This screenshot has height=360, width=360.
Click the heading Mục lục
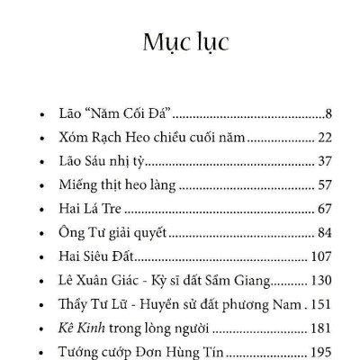[185, 41]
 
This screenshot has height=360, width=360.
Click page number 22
[326, 139]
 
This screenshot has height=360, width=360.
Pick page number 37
[326, 162]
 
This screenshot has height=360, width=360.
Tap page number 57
[326, 185]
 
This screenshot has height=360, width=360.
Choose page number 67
[326, 209]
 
